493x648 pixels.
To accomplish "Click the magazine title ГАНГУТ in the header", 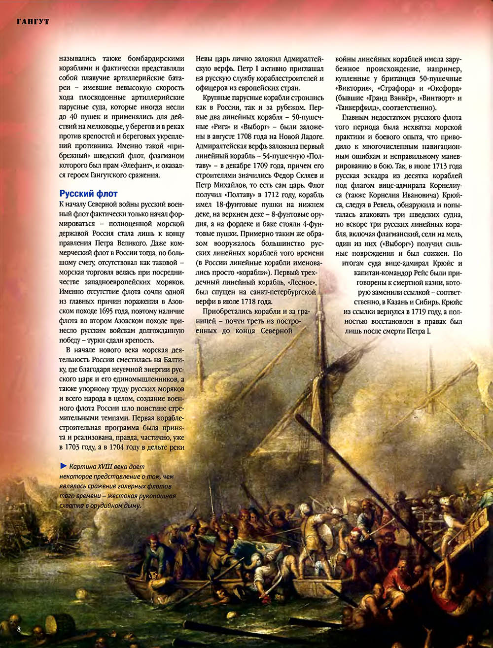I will (x=33, y=22).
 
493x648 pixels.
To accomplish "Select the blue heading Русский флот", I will (x=89, y=194).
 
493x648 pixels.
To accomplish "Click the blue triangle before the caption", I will (x=63, y=466).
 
